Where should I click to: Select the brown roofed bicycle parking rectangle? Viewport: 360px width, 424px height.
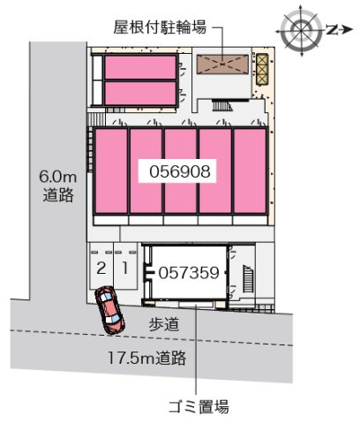[222, 64]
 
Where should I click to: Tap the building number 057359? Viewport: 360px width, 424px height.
[189, 273]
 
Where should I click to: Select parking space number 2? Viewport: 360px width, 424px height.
[101, 267]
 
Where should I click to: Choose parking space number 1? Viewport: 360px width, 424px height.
[125, 267]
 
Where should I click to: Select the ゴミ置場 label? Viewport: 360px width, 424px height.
[199, 407]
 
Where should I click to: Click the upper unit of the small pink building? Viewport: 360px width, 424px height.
[141, 68]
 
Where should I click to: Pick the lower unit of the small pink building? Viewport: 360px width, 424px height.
[141, 93]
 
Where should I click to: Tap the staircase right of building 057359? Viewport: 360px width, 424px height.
[246, 279]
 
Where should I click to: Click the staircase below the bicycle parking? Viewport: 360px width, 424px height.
[220, 109]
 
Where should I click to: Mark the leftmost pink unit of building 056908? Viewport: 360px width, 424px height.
[112, 170]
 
